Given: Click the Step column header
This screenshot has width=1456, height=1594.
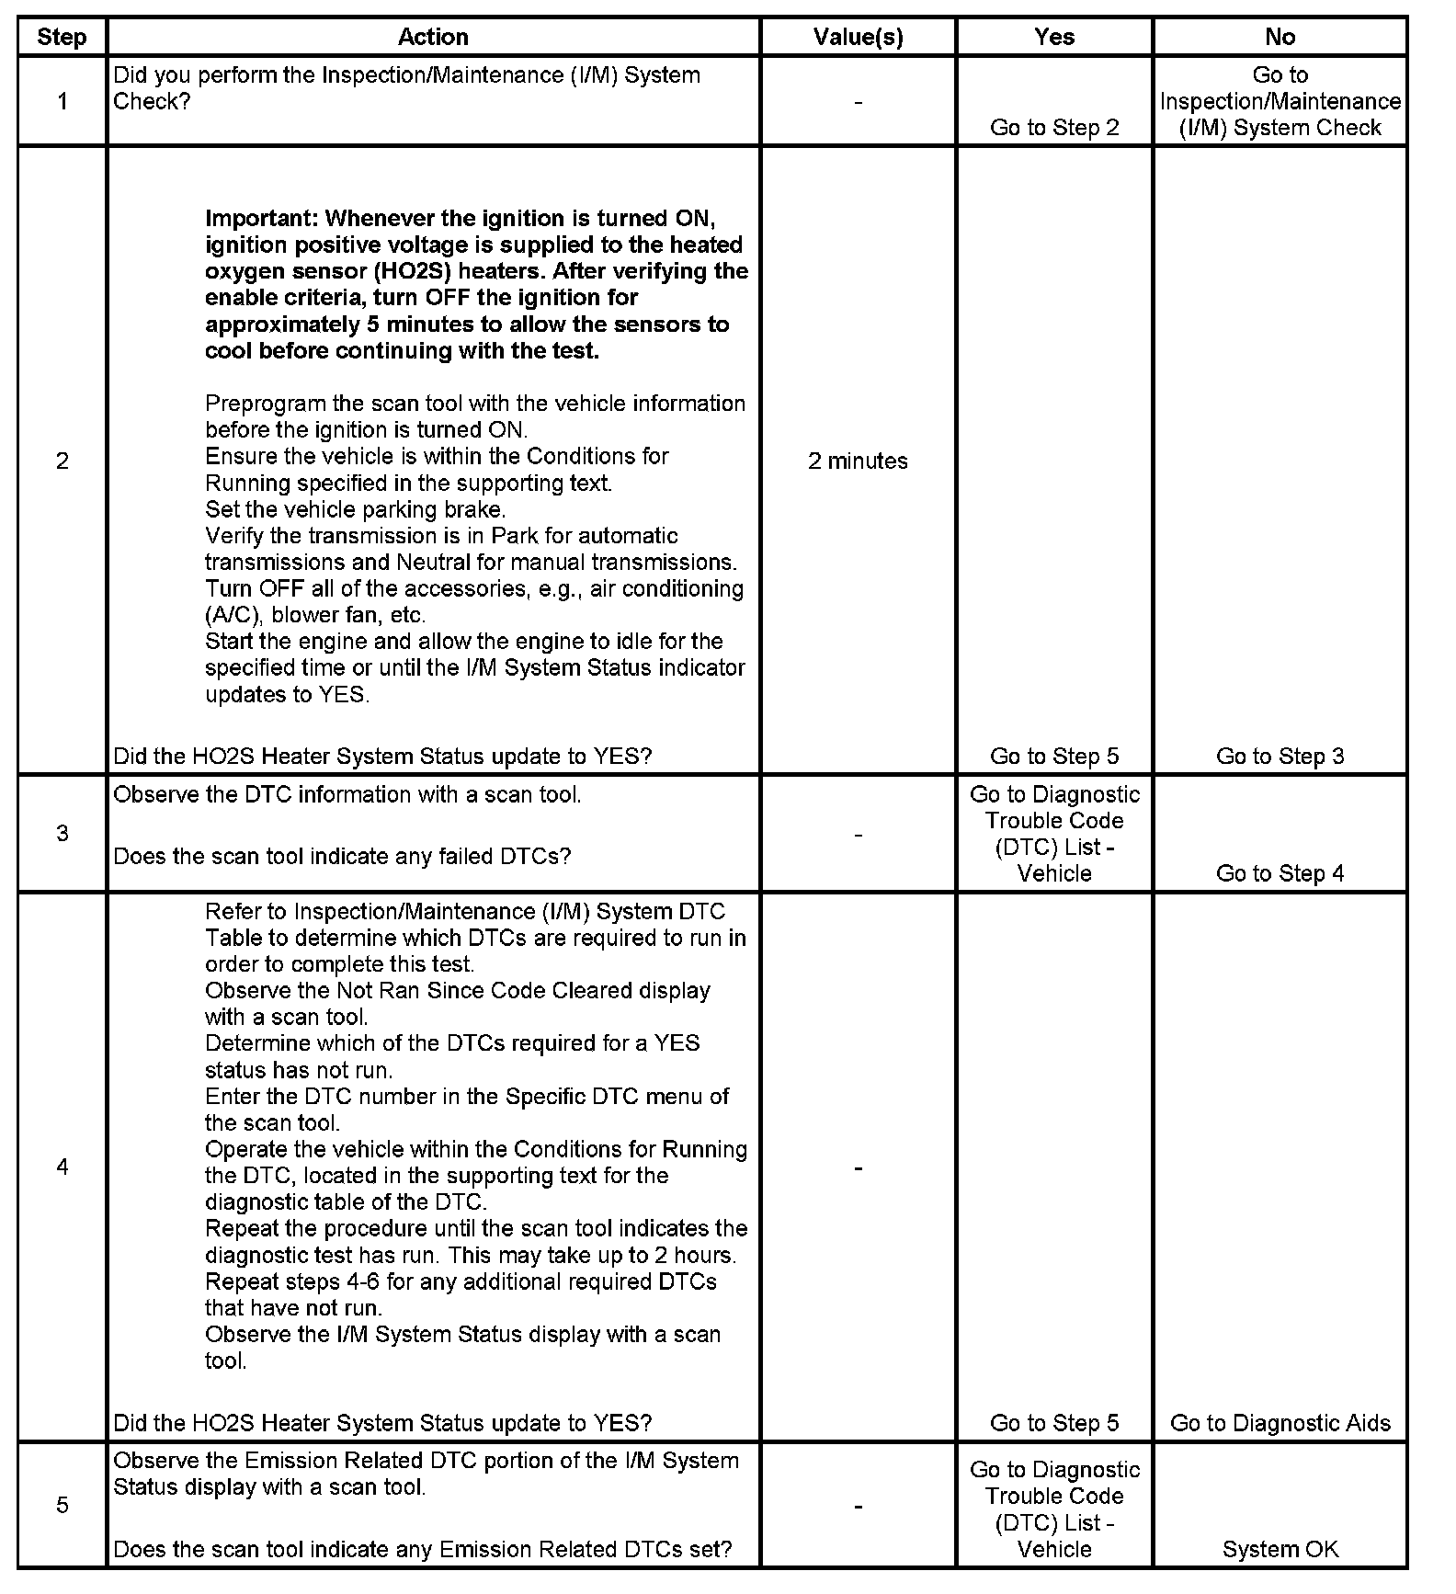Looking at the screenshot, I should pyautogui.click(x=62, y=37).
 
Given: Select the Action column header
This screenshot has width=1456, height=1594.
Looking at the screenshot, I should pyautogui.click(x=433, y=37).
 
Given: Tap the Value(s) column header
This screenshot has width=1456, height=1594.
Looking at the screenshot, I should pyautogui.click(x=858, y=37).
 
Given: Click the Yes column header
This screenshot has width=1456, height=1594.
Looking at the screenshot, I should pyautogui.click(x=1053, y=37).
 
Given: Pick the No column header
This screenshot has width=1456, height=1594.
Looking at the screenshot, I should pyautogui.click(x=1280, y=37).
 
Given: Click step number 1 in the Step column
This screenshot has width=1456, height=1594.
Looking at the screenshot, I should pyautogui.click(x=62, y=101).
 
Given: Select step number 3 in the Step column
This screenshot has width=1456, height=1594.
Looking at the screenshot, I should pyautogui.click(x=62, y=833).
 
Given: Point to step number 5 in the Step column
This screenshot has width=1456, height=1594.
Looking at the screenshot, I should pyautogui.click(x=62, y=1505).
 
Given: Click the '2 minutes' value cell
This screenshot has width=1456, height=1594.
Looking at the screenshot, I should pyautogui.click(x=858, y=461).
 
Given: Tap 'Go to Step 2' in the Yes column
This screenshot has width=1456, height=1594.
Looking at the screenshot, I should pyautogui.click(x=1053, y=128).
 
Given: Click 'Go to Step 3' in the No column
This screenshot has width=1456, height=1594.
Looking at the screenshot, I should pyautogui.click(x=1280, y=756).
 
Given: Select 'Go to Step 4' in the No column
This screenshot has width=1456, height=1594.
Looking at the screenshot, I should pyautogui.click(x=1280, y=873).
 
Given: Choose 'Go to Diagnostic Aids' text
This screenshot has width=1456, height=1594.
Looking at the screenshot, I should pyautogui.click(x=1280, y=1423).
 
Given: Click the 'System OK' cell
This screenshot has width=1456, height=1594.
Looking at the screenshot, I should pyautogui.click(x=1280, y=1549).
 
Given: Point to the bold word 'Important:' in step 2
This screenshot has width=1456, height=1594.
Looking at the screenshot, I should pyautogui.click(x=261, y=219).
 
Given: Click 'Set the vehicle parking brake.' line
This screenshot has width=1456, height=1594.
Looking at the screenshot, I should pyautogui.click(x=355, y=509).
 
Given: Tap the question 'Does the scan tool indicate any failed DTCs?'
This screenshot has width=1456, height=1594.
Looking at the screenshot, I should pyautogui.click(x=342, y=856).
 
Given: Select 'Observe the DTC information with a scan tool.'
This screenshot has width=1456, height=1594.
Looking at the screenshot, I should pyautogui.click(x=347, y=794).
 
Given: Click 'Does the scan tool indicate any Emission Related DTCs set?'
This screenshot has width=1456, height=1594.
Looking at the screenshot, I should pyautogui.click(x=422, y=1549).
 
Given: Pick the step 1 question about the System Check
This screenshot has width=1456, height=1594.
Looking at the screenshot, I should pyautogui.click(x=406, y=87).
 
